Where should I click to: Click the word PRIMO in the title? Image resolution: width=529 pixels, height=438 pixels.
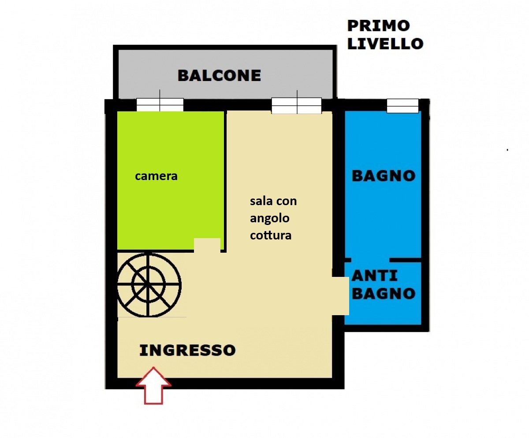click(x=379, y=26)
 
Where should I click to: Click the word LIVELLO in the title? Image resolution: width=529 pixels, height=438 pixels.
click(x=385, y=44)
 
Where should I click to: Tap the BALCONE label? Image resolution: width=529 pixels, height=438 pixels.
click(x=220, y=75)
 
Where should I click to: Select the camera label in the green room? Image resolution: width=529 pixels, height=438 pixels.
click(x=156, y=176)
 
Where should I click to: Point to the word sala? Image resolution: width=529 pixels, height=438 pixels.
click(x=262, y=201)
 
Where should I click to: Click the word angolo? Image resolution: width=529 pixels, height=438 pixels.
click(x=269, y=219)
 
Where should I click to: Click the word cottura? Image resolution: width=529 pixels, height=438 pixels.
click(x=271, y=236)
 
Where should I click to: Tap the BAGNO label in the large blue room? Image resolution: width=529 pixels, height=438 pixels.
click(x=384, y=176)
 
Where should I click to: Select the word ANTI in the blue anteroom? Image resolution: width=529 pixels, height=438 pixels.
click(x=375, y=276)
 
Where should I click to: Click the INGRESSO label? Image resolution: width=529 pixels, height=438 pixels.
click(x=187, y=350)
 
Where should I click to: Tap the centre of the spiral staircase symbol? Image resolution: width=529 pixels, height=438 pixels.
click(x=149, y=285)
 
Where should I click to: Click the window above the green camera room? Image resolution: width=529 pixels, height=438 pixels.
click(x=160, y=105)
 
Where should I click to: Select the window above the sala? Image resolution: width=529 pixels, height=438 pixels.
click(x=297, y=106)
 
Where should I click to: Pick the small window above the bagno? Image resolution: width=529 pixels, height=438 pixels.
click(x=402, y=106)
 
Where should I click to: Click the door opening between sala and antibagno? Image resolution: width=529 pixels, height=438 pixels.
click(x=340, y=296)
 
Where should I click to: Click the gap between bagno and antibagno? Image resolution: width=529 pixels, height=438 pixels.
click(x=370, y=260)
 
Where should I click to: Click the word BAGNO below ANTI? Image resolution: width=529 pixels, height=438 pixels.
click(x=384, y=294)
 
